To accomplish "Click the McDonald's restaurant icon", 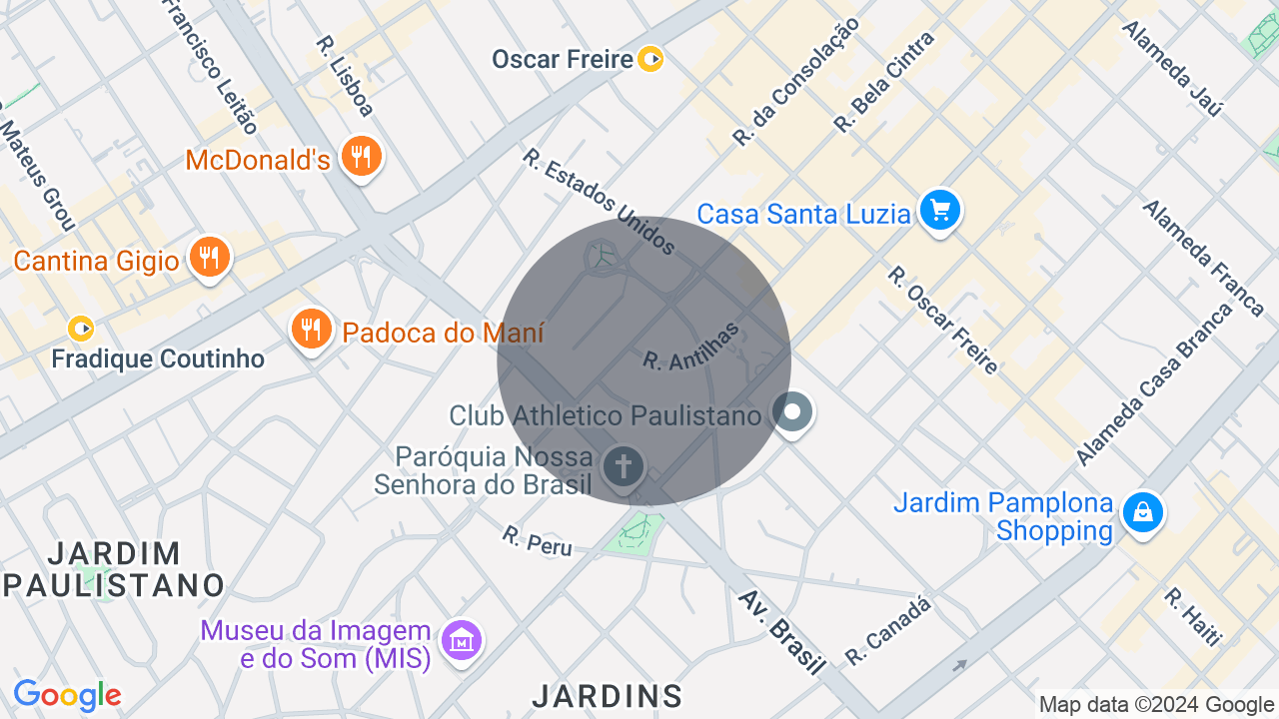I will pos(361,157).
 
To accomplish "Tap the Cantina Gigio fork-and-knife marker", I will pos(209,258).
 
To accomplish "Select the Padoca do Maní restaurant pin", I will pos(312,329).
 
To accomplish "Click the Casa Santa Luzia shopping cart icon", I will pos(939,211).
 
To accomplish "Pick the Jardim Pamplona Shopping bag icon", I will pos(1142,512).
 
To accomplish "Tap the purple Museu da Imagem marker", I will pos(462,640).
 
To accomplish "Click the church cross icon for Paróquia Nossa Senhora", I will pos(623,466).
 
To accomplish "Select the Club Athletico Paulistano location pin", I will pos(793,412).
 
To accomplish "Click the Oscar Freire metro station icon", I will pos(650,59).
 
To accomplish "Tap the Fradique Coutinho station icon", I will pos(81,328).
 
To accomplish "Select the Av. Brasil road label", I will pos(782,631).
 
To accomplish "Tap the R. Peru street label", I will pos(538,541).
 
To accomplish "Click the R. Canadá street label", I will pos(888,631).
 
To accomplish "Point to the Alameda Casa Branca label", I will pos(1155,384).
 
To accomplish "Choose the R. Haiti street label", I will pos(1192,616).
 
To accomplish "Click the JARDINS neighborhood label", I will pos(607,696).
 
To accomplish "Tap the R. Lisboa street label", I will pos(345,76).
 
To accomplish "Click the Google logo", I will pos(67,695).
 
